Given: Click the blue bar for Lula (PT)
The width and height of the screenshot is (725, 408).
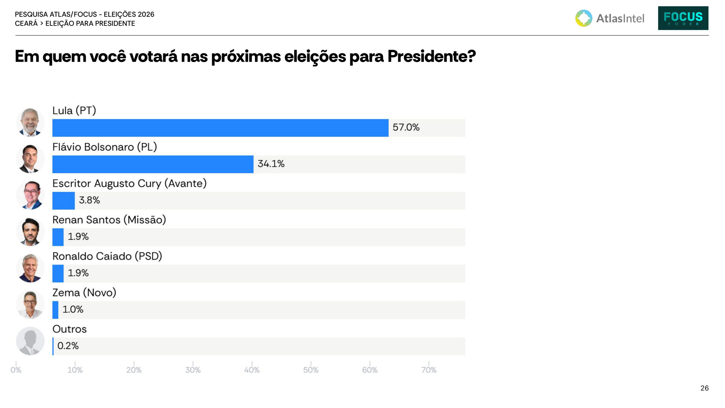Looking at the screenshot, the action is (220, 128).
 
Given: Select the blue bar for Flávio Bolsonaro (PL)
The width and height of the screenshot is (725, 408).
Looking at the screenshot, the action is (153, 164).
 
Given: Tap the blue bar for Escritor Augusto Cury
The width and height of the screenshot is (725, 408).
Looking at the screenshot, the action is (63, 201).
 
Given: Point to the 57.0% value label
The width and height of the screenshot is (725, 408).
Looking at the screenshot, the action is (406, 127).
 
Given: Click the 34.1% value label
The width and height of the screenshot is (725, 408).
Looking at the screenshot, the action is (271, 163).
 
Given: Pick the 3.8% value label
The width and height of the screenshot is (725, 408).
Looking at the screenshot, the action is (89, 200).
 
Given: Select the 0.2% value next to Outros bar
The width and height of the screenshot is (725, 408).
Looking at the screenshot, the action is (68, 346).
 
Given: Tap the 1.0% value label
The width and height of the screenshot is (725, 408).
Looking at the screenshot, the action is (73, 309).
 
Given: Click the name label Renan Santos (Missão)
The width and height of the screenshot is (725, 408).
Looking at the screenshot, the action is (109, 220).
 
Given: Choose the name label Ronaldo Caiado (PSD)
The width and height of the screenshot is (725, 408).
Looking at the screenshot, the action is (107, 256).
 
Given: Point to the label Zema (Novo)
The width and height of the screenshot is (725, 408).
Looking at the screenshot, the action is (84, 293).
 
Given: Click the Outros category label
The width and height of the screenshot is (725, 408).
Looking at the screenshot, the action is (69, 329).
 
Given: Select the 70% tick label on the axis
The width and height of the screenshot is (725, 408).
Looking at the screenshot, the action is (429, 370).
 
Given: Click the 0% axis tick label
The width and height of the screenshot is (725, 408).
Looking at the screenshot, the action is (16, 370).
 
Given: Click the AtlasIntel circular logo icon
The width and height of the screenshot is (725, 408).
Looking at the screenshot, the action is (584, 18).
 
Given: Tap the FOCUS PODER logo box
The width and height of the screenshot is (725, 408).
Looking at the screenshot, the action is (683, 18).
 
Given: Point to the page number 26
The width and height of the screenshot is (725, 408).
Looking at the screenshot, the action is (705, 388).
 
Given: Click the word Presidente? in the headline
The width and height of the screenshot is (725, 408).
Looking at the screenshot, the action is (432, 56).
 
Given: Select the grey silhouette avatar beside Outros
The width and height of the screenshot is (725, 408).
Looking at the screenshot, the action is (30, 341).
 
